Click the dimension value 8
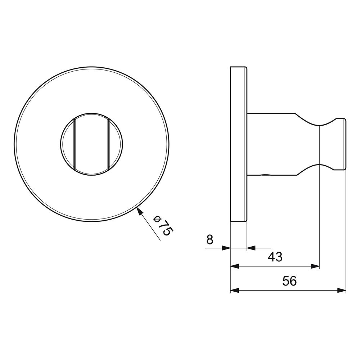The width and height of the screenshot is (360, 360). coord(210,240)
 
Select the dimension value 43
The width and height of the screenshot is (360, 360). coord(275,257)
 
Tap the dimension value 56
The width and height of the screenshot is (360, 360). coord(289,281)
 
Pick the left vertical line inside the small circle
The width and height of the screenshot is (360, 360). coord(75,145)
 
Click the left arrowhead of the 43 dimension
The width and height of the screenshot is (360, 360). coord(235,266)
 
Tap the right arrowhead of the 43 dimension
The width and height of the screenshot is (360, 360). coord(315,266)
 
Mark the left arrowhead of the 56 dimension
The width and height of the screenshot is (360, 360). coord(235,291)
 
